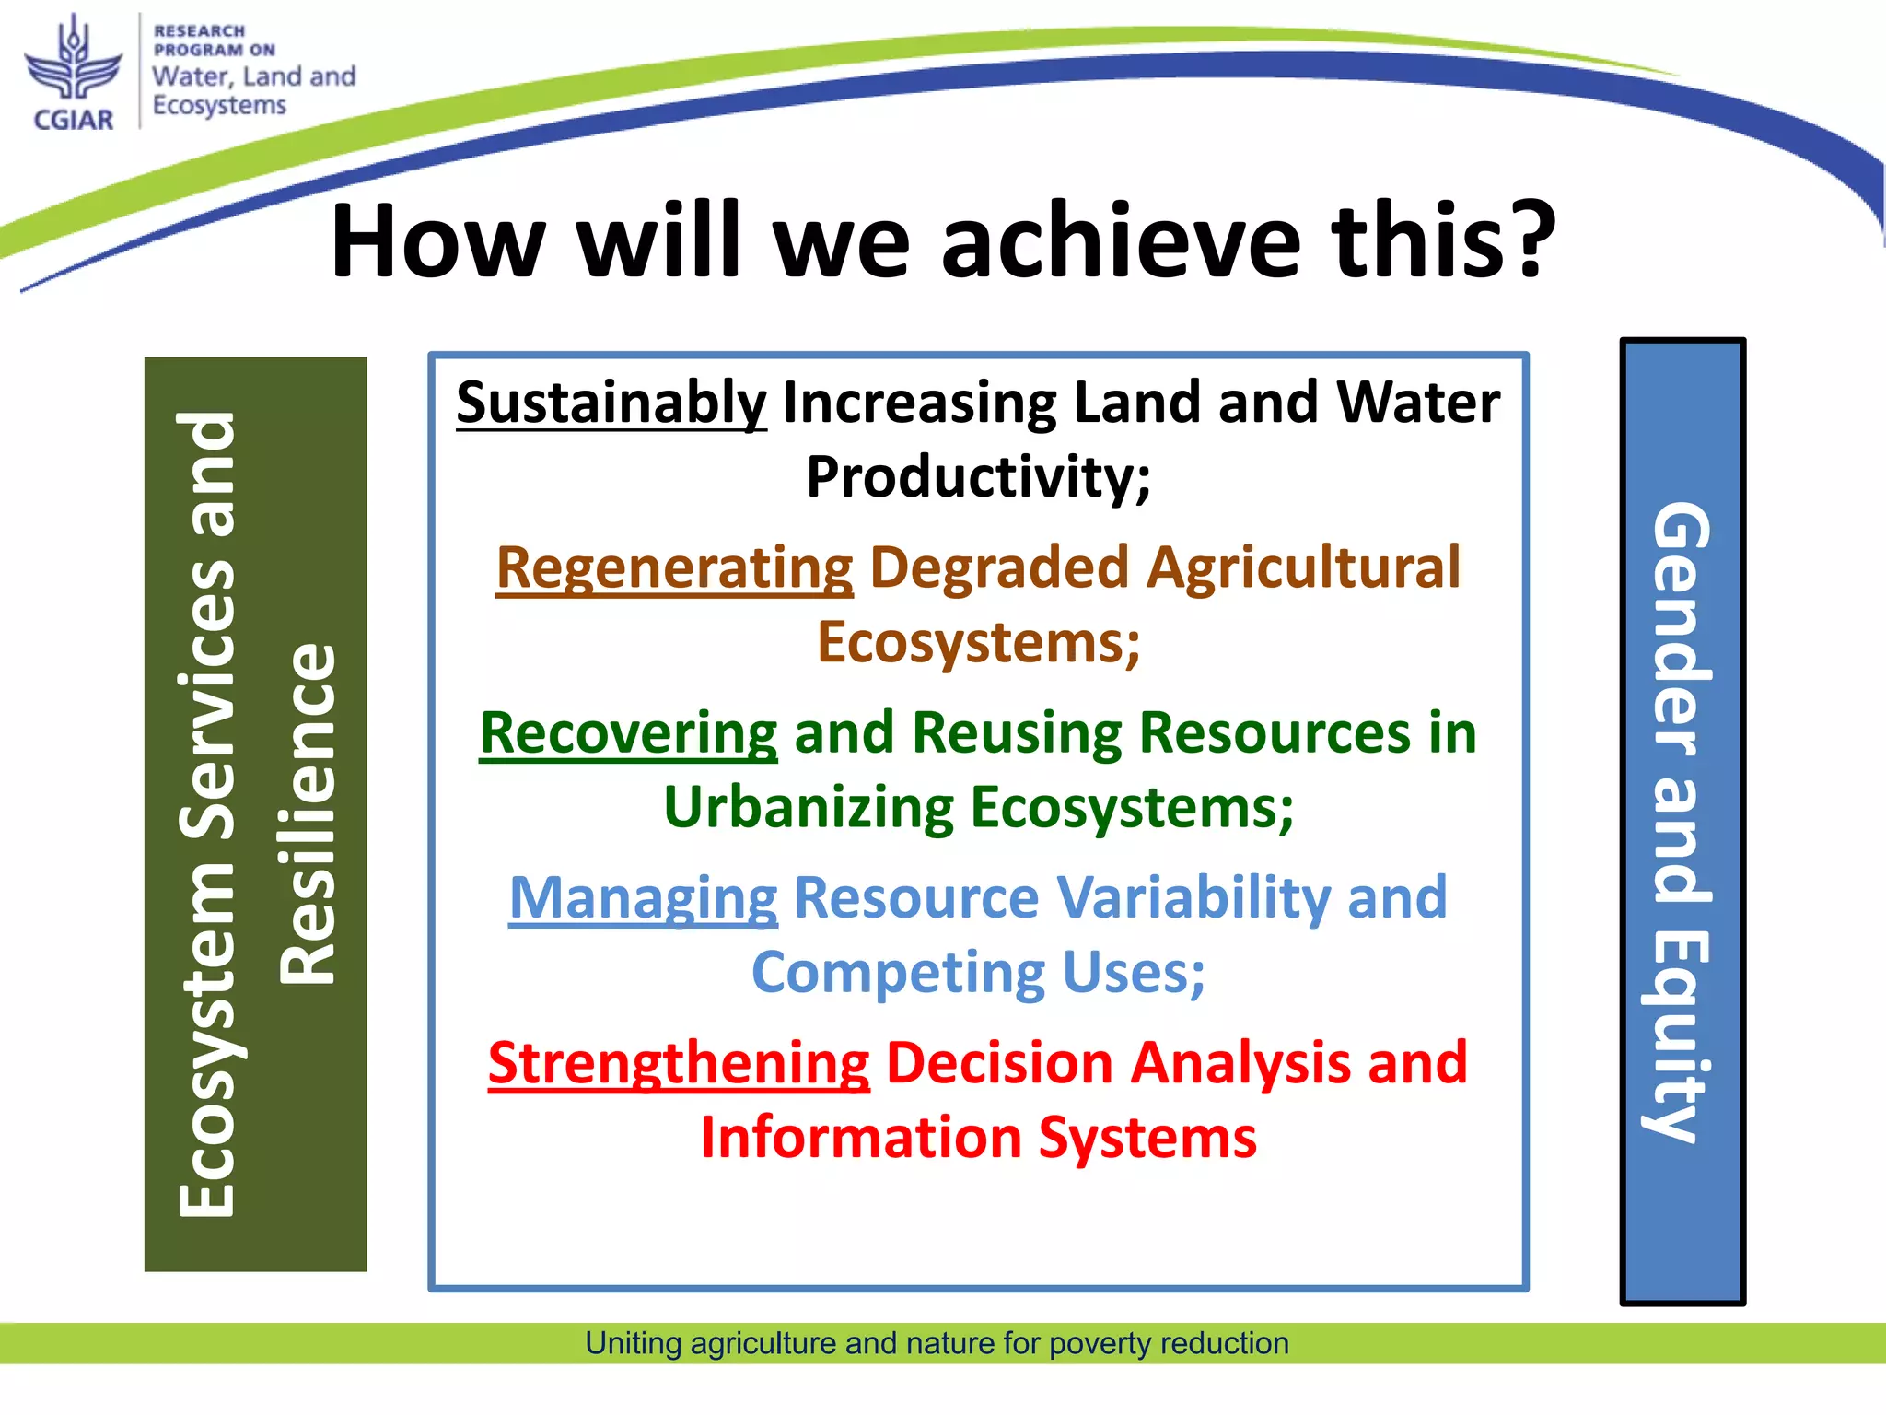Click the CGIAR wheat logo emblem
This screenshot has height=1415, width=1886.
[x=73, y=61]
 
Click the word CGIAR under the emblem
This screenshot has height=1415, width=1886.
[x=73, y=120]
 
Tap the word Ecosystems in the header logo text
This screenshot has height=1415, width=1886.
[x=219, y=106]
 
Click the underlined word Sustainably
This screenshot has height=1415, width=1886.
[x=611, y=403]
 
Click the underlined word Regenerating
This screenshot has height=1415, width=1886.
[x=674, y=567]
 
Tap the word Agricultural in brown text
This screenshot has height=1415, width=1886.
[x=1303, y=567]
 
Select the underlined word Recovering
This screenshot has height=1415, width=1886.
[x=628, y=733]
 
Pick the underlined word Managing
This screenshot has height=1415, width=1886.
[x=643, y=898]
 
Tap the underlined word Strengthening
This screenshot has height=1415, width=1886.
[x=679, y=1063]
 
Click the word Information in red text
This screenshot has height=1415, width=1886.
[x=860, y=1138]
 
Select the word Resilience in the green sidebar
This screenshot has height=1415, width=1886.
[x=309, y=814]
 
